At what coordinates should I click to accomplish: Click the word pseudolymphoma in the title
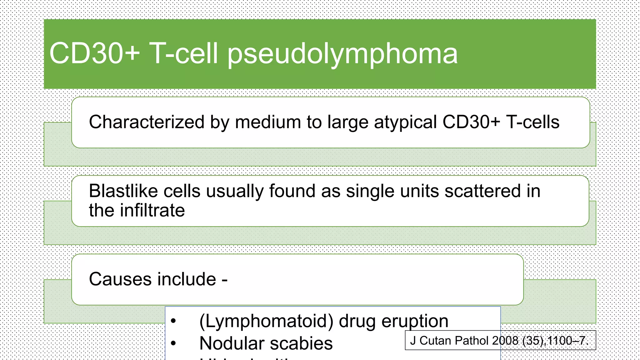(342, 54)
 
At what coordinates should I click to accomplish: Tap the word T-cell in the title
(183, 54)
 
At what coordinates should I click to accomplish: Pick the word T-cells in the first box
(532, 122)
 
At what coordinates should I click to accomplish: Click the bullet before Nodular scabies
(174, 343)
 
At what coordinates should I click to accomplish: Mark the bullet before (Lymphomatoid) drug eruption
(174, 321)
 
